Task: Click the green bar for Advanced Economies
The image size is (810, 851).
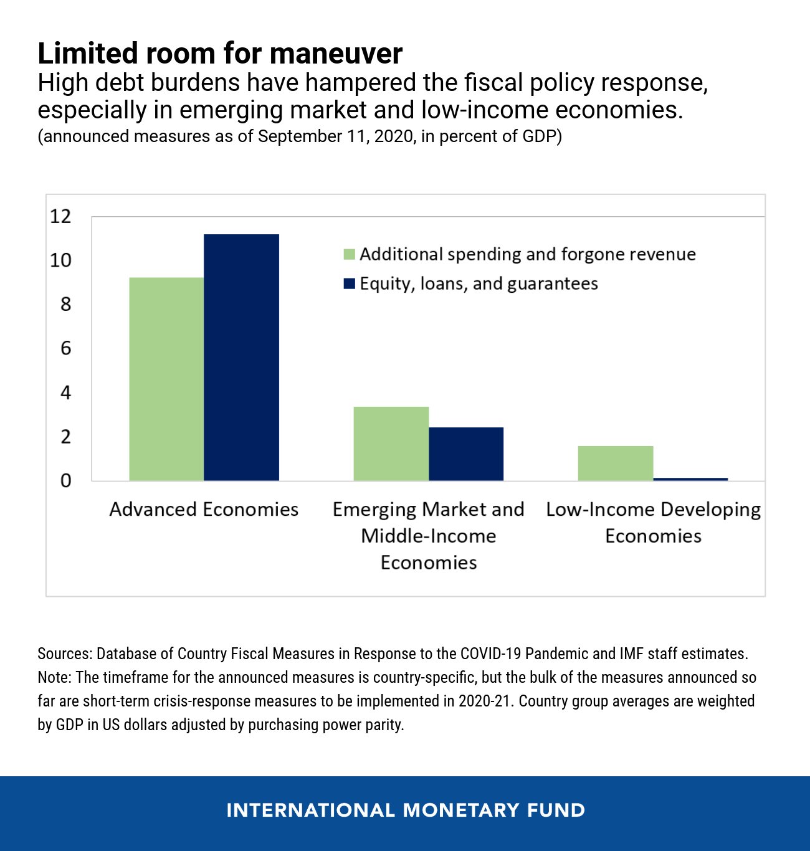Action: (x=166, y=379)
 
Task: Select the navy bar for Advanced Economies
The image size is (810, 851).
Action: (x=241, y=357)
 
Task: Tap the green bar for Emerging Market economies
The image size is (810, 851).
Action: (x=391, y=444)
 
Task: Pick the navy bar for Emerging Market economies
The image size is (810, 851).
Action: (x=466, y=454)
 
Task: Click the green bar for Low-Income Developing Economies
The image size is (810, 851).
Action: (x=616, y=463)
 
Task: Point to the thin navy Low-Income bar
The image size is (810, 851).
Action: (x=690, y=479)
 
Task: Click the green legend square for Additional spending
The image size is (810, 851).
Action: (x=349, y=254)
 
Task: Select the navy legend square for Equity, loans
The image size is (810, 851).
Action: (x=349, y=284)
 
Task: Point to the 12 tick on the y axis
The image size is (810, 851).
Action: (x=61, y=216)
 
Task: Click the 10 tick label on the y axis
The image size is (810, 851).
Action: (x=61, y=260)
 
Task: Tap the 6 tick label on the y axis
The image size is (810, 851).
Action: (x=65, y=348)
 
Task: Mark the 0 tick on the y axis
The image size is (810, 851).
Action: (x=65, y=480)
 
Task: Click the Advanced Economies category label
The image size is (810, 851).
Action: (x=204, y=510)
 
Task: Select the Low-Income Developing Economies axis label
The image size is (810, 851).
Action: (x=653, y=522)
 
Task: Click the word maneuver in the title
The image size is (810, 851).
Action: (x=336, y=54)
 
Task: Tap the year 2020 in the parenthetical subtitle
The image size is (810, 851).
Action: (x=394, y=136)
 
